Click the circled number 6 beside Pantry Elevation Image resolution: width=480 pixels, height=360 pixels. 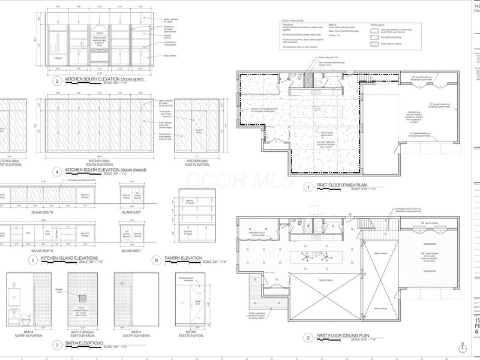(x=155, y=261)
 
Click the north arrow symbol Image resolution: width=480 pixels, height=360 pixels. (x=463, y=348)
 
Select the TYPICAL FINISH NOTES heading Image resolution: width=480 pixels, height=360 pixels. (x=296, y=20)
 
